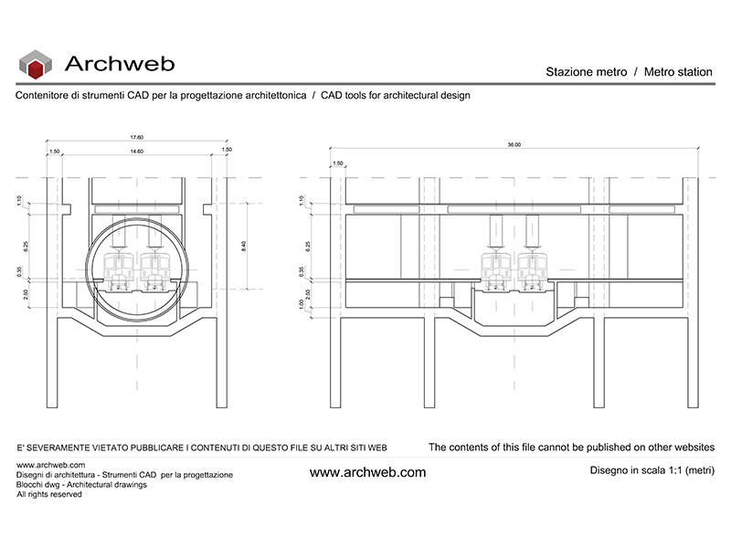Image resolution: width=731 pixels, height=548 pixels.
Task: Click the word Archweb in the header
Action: point(120,64)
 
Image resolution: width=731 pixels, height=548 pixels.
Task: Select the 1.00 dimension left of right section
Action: point(301,302)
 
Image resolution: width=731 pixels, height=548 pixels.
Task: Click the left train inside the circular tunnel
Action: point(120,270)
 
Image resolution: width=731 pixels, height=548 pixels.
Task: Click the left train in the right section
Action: point(495,270)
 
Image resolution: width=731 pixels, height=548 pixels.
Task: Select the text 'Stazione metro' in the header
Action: point(586,72)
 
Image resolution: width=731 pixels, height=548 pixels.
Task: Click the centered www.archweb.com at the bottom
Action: point(367,472)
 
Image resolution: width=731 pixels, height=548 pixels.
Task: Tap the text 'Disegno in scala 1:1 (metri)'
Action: point(652,470)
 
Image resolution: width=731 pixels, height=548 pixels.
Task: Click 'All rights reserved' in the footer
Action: point(49,494)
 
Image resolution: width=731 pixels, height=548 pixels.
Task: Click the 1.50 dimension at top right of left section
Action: point(227,151)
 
